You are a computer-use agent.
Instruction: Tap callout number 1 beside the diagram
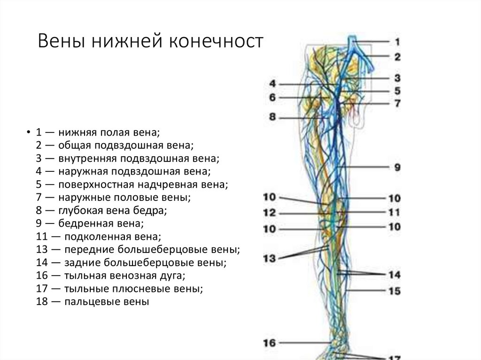tap(397, 42)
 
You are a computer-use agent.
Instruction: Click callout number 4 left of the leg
tap(273, 84)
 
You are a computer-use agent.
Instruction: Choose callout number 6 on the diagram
tap(273, 98)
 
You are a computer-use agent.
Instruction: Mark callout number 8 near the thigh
tap(273, 117)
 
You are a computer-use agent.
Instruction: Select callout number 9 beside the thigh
tap(397, 167)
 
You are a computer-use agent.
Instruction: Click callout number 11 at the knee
tap(394, 212)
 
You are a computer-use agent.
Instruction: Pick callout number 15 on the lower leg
tap(394, 291)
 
